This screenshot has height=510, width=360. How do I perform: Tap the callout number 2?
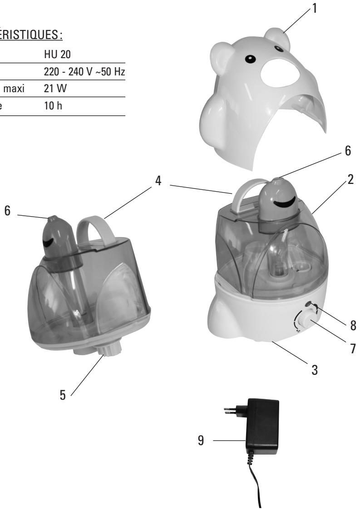pos(350,180)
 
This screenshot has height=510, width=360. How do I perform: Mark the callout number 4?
pos(158,180)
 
